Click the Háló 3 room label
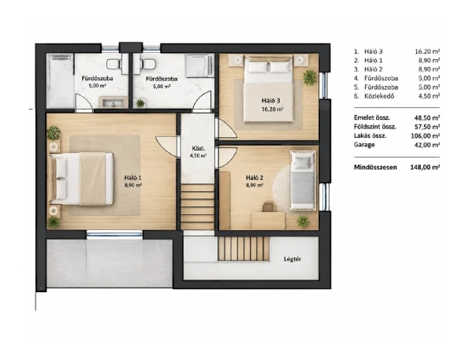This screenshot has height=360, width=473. coord(271,101)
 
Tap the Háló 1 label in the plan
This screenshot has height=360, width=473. coord(132,177)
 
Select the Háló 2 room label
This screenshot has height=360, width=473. coord(255,178)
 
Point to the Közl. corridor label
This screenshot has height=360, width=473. coord(198,148)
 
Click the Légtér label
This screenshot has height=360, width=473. coord(292,259)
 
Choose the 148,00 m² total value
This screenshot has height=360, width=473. coord(425,167)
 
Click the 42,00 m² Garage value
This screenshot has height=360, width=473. coord(427,145)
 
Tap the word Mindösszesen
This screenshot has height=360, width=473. coord(375,167)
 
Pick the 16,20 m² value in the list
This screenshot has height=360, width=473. coord(427,51)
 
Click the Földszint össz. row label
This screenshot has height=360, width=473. coord(375,127)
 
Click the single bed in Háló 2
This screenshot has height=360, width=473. coord(303,180)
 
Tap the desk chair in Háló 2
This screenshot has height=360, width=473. coord(269,207)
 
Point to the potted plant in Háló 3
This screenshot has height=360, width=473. coord(310,77)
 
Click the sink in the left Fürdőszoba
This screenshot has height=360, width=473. coord(113,102)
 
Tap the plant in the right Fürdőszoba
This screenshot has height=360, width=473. coord(140,103)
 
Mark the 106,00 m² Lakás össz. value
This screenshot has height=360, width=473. coord(426,135)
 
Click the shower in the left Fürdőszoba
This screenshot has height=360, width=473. coord(61,80)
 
